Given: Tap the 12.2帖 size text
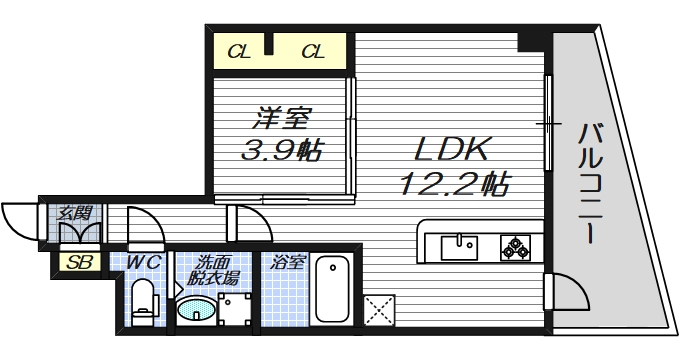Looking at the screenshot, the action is pyautogui.click(x=454, y=185).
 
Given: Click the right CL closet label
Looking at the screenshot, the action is pyautogui.click(x=313, y=52).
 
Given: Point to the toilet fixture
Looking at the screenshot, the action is pyautogui.click(x=144, y=301).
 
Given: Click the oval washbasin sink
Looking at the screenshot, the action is pyautogui.click(x=196, y=311).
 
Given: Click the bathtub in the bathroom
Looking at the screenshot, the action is pyautogui.click(x=332, y=294).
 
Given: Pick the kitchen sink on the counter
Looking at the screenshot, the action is pyautogui.click(x=462, y=246).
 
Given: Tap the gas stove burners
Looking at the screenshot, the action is pyautogui.click(x=515, y=246).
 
